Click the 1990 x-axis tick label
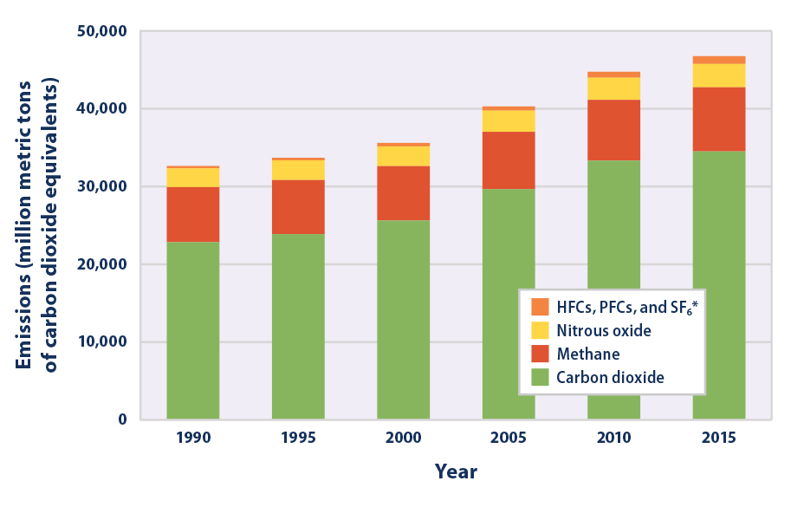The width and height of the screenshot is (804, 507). [x=192, y=439]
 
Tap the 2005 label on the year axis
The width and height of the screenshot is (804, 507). [x=508, y=439]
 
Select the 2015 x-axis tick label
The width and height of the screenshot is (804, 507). [x=718, y=439]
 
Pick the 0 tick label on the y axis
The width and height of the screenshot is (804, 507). [x=121, y=419]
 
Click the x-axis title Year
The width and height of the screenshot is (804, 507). [x=456, y=472]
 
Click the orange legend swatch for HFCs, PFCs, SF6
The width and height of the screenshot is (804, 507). [x=540, y=307]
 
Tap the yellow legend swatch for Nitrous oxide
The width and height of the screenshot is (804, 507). [x=540, y=330]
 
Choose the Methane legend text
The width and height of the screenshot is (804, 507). [x=588, y=354]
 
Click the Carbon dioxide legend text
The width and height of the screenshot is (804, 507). [x=610, y=377]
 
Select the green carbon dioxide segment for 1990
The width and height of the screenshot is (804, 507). [x=192, y=330]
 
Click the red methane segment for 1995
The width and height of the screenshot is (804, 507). [x=298, y=207]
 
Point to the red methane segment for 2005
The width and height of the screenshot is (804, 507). [x=508, y=160]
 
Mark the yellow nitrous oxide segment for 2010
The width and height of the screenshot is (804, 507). [x=613, y=88]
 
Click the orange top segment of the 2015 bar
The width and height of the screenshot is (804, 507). [x=718, y=60]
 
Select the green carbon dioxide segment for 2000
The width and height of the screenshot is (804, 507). [x=403, y=320]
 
